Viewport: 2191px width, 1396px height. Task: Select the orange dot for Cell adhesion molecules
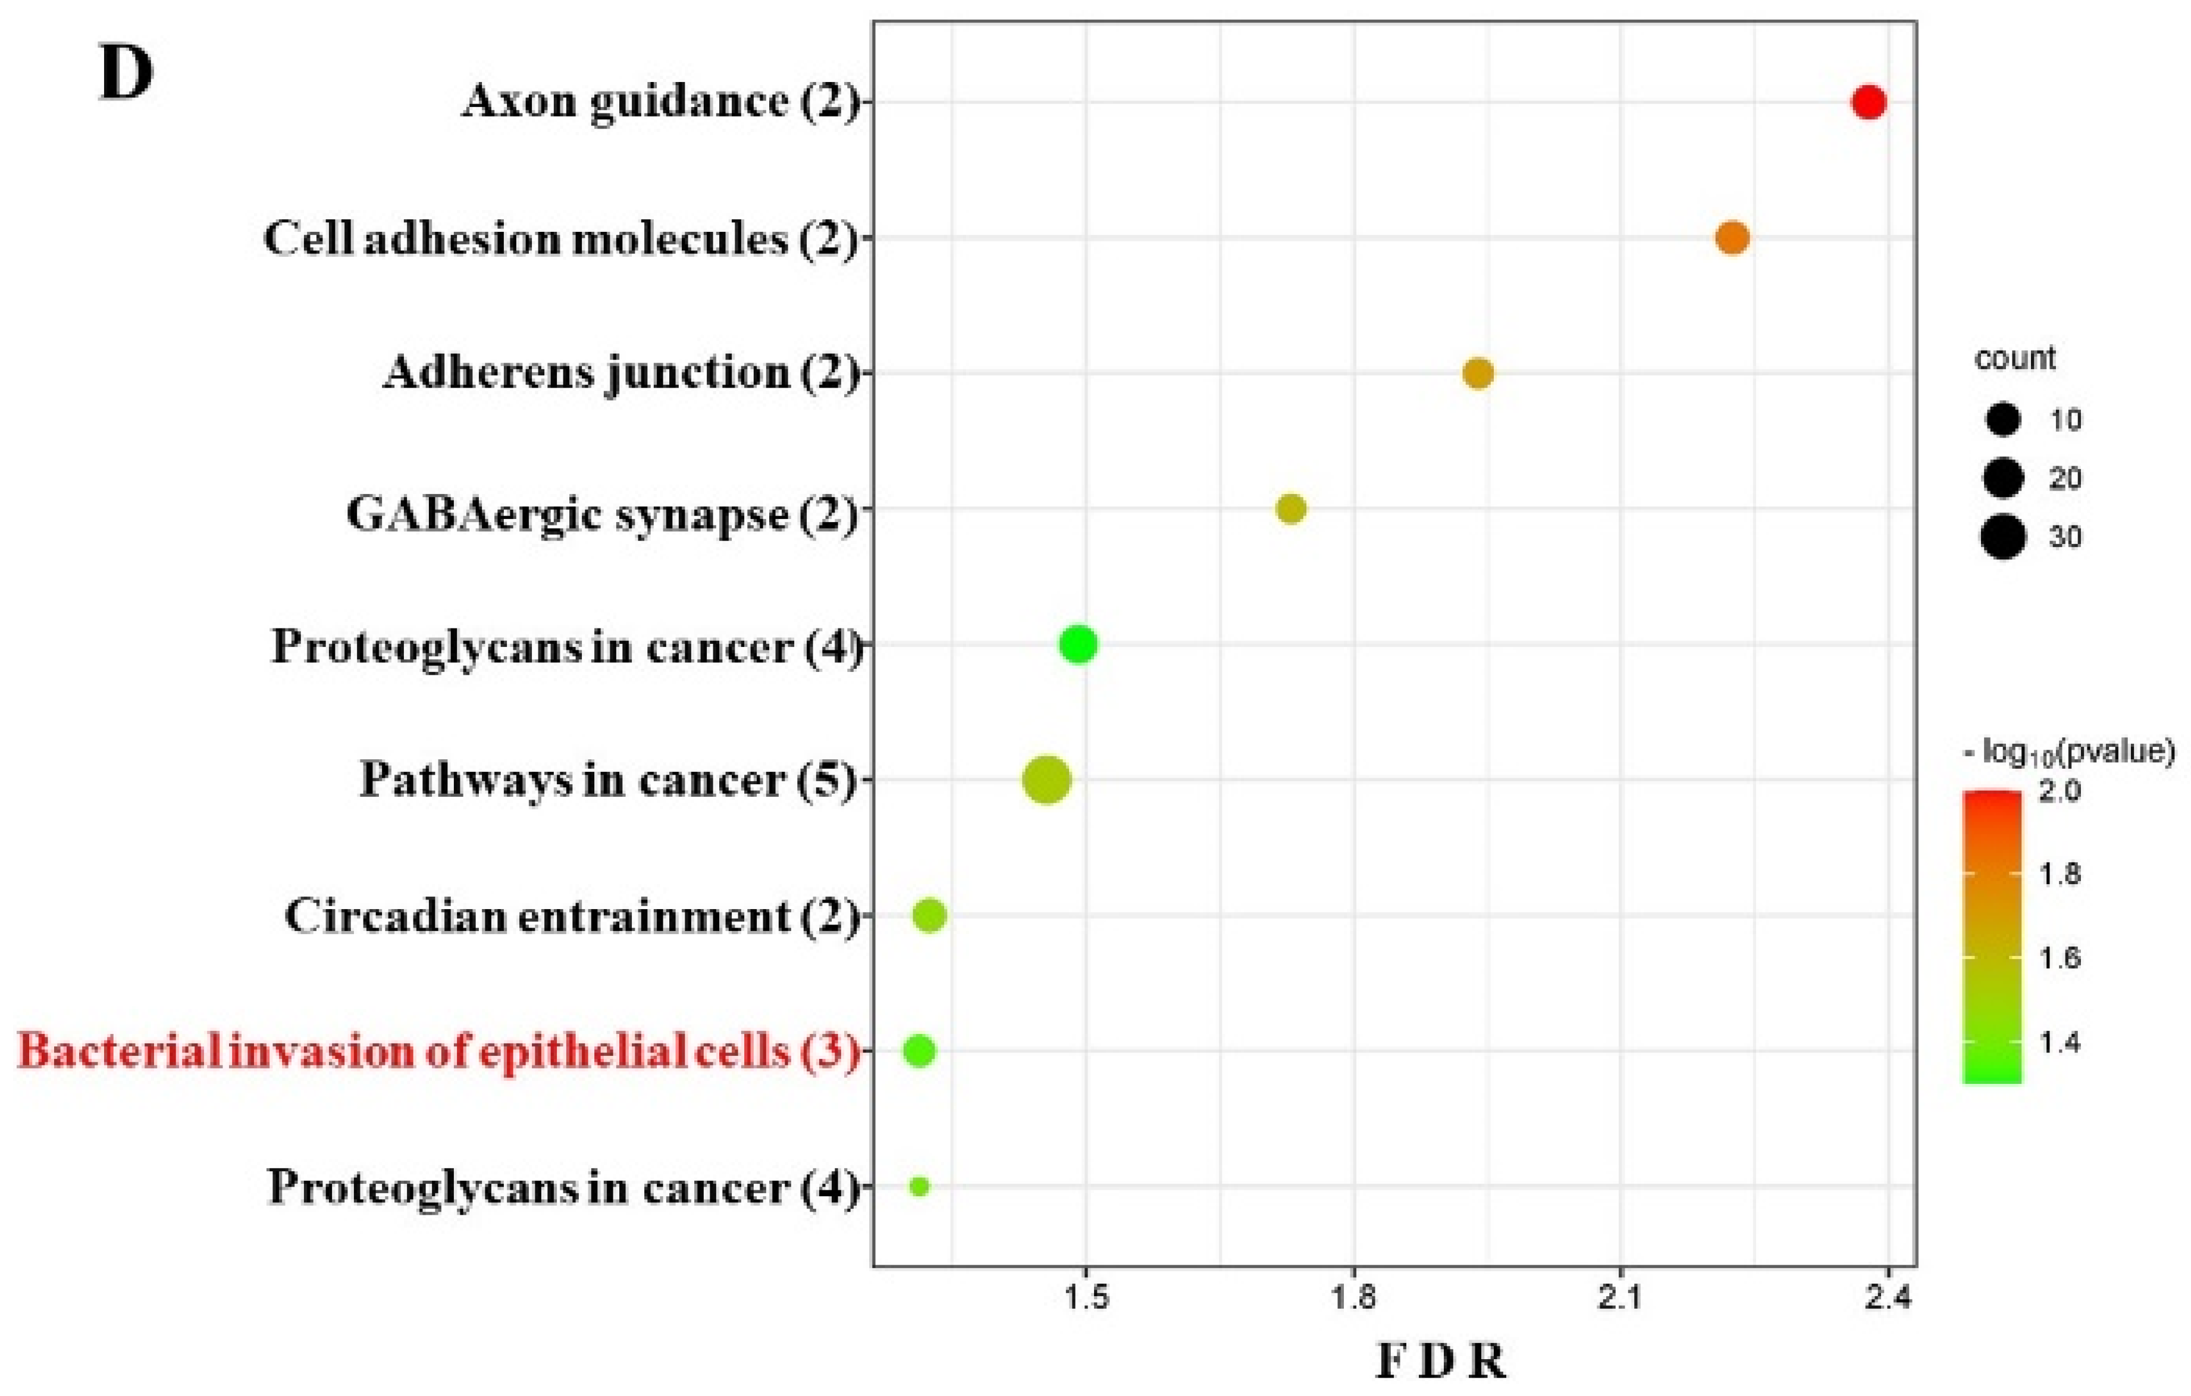click(x=1732, y=238)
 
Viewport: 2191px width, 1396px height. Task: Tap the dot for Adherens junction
click(x=1478, y=374)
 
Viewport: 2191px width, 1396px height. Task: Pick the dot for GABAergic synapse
click(x=1291, y=510)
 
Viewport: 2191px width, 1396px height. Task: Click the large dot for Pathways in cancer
click(x=1046, y=780)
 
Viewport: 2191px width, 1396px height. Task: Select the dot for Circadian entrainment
click(x=930, y=916)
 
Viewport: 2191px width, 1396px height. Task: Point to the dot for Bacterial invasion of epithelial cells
click(x=919, y=1051)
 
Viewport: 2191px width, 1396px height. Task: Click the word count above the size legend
click(x=2014, y=359)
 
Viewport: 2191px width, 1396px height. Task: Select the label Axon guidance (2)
click(x=660, y=102)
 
